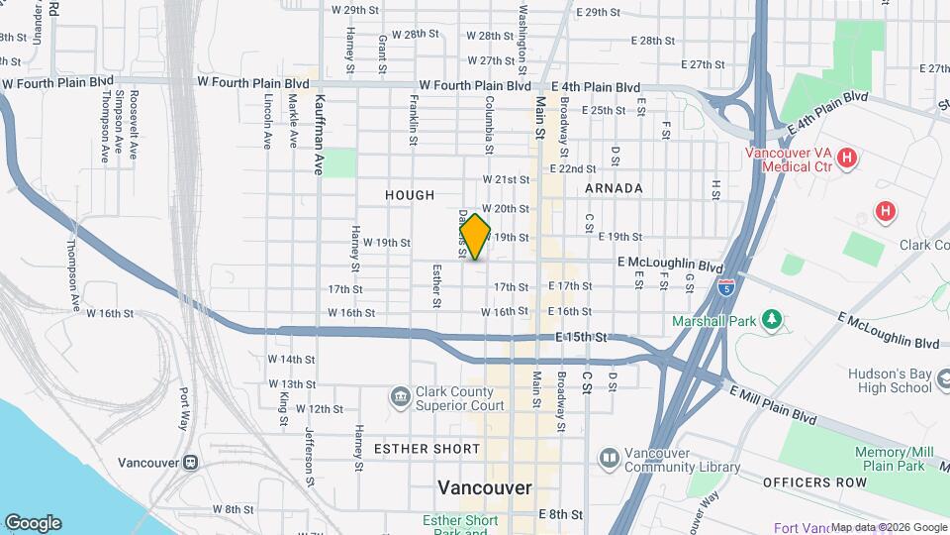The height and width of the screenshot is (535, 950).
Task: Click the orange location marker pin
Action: [x=475, y=237]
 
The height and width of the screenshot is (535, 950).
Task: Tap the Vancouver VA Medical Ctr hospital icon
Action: [x=846, y=158]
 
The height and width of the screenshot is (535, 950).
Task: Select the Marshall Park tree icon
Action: [x=772, y=321]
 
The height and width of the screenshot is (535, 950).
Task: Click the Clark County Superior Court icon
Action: [x=400, y=396]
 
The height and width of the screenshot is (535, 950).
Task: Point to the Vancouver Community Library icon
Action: [x=608, y=458]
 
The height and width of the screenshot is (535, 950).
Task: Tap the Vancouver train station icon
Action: [x=190, y=463]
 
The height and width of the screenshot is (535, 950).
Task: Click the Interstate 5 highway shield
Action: [x=726, y=287]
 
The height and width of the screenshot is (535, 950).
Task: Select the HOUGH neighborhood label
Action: [x=410, y=196]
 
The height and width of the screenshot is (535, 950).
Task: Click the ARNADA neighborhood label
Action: [x=614, y=188]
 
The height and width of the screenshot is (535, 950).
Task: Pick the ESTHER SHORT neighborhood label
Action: [x=427, y=449]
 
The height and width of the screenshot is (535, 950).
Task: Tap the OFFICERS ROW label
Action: [x=802, y=481]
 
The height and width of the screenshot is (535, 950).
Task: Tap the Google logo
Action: [x=33, y=523]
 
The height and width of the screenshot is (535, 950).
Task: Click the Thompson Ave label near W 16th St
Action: [x=70, y=273]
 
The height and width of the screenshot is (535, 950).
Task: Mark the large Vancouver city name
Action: [x=485, y=488]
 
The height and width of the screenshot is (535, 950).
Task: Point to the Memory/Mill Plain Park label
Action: [x=890, y=459]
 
